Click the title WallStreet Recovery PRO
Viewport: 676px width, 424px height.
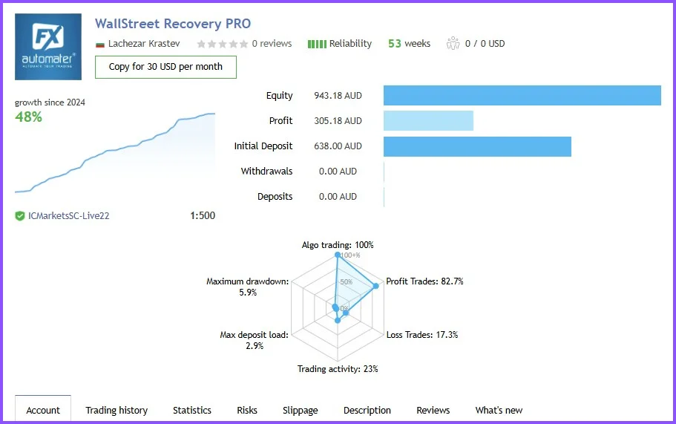[173, 24]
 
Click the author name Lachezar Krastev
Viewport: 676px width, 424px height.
[144, 44]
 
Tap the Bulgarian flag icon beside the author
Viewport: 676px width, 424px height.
[100, 44]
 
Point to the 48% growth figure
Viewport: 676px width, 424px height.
[28, 117]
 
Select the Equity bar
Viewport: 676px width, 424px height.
[522, 96]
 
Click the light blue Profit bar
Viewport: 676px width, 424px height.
[428, 121]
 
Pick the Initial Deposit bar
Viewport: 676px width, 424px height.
[477, 146]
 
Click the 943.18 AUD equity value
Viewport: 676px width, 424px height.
[338, 96]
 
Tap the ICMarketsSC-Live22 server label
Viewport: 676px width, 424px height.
[68, 216]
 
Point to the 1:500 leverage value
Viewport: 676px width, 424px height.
[203, 216]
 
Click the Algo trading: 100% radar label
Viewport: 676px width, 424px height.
[338, 245]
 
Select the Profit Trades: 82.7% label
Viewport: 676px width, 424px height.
[424, 281]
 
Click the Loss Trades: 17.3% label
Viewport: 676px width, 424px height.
[421, 335]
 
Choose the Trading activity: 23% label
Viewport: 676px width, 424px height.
[338, 369]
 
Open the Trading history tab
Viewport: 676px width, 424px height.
[117, 410]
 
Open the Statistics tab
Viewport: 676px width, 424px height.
[192, 410]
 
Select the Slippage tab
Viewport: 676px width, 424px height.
[300, 410]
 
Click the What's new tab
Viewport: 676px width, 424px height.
[499, 410]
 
